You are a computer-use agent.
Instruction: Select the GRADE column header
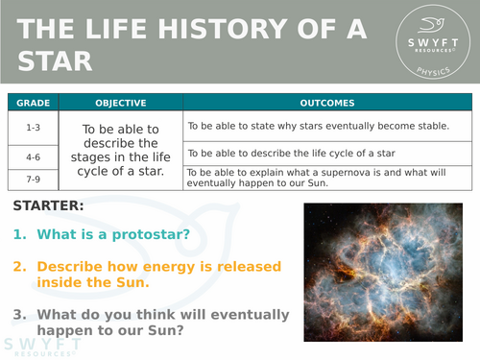point(32,103)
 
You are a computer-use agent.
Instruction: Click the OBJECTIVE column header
point(120,103)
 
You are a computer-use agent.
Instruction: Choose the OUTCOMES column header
point(327,103)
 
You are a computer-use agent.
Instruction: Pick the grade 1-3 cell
point(32,126)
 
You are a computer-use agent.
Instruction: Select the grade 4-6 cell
point(32,154)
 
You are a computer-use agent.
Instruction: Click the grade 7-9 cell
point(32,179)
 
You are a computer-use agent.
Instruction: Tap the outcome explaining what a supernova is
point(326,179)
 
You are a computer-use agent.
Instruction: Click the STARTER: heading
point(48,206)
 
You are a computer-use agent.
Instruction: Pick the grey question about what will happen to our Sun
point(149,323)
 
